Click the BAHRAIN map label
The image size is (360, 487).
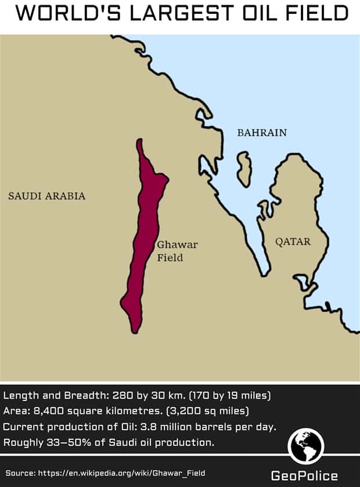tap(262, 132)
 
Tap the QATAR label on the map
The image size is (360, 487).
tap(293, 241)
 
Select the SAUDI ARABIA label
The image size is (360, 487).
tap(46, 196)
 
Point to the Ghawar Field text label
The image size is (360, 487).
tap(170, 251)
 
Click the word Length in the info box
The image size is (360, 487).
tap(19, 396)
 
